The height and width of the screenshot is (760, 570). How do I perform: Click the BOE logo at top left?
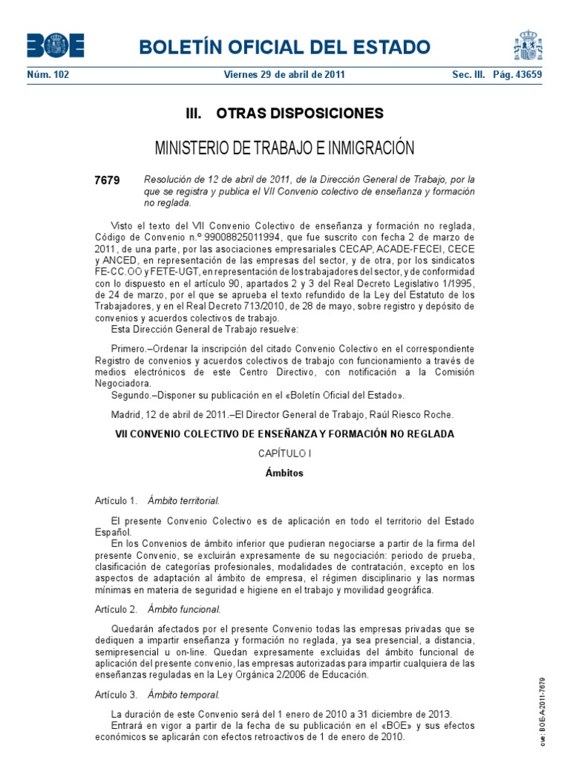[56, 45]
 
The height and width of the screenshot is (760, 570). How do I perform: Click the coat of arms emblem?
[528, 45]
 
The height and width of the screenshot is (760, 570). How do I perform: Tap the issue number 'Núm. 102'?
[47, 75]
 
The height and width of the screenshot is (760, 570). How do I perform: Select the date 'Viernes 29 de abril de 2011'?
[284, 75]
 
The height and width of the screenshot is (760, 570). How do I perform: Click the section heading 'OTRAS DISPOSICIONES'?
[299, 114]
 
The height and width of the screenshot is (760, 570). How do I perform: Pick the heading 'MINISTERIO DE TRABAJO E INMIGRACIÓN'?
[284, 148]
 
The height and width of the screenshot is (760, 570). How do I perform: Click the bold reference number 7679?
[107, 180]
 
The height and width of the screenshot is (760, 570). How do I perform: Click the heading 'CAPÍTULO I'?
[284, 453]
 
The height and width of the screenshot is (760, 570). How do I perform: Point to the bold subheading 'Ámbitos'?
[284, 473]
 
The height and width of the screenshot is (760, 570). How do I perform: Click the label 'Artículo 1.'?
[117, 500]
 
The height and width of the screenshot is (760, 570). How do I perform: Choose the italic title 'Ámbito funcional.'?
[184, 609]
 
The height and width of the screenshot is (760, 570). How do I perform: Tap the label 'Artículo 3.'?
[117, 695]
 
